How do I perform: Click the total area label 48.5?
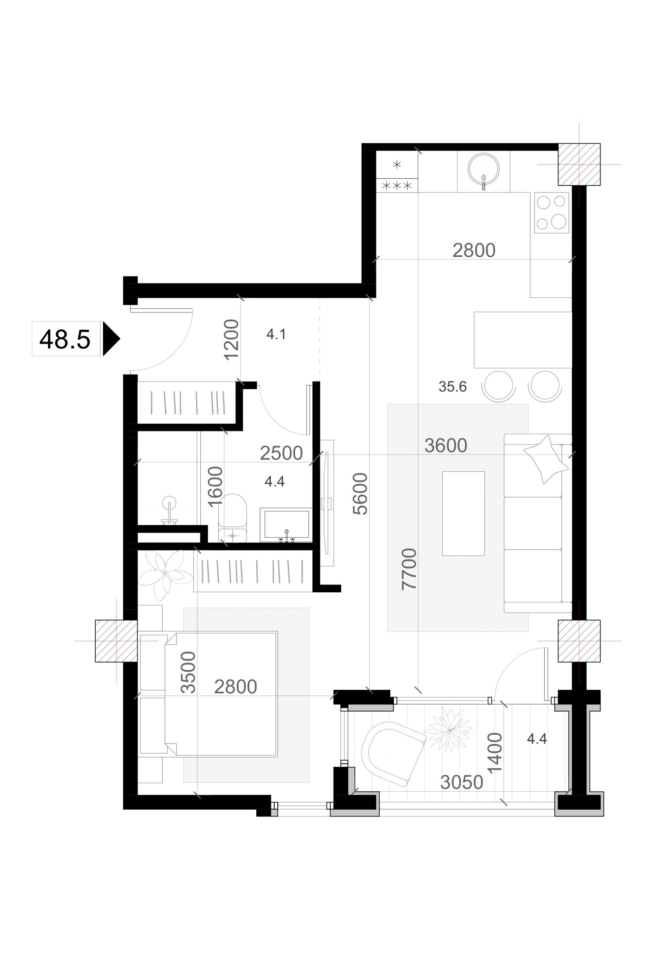pyautogui.click(x=65, y=339)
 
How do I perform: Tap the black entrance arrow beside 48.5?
pyautogui.click(x=110, y=339)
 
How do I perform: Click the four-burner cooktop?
pyautogui.click(x=551, y=213)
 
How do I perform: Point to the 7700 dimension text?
pyautogui.click(x=409, y=569)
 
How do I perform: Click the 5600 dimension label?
pyautogui.click(x=360, y=493)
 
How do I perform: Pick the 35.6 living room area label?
pyautogui.click(x=452, y=386)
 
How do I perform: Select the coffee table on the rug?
pyautogui.click(x=463, y=513)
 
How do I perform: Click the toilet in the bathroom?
pyautogui.click(x=233, y=518)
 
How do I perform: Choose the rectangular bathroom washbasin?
pyautogui.click(x=287, y=525)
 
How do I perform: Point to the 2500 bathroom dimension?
pyautogui.click(x=281, y=453)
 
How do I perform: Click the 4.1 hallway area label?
pyautogui.click(x=276, y=334)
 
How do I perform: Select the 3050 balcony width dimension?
pyautogui.click(x=461, y=782)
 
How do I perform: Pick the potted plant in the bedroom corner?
pyautogui.click(x=165, y=573)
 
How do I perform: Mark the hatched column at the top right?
pyautogui.click(x=579, y=164)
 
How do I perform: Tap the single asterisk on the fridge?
pyautogui.click(x=397, y=165)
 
